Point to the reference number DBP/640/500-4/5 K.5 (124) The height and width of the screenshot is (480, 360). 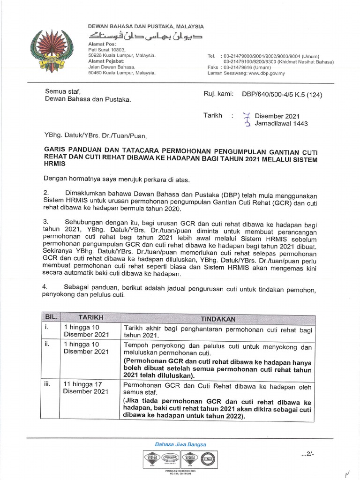pyautogui.click(x=282, y=94)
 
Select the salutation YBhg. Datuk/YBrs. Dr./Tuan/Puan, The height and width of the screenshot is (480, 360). pyautogui.click(x=95, y=137)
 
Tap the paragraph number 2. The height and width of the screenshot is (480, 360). pyautogui.click(x=46, y=193)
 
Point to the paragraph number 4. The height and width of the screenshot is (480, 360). pyautogui.click(x=46, y=286)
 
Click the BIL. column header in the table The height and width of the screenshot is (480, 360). pyautogui.click(x=51, y=317)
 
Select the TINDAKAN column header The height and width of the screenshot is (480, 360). pyautogui.click(x=218, y=319)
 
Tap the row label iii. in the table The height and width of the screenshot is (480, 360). pyautogui.click(x=48, y=383)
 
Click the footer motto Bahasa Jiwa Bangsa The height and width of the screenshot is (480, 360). pyautogui.click(x=180, y=444)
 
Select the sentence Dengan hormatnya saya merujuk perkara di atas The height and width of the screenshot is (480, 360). pyautogui.click(x=117, y=178)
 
